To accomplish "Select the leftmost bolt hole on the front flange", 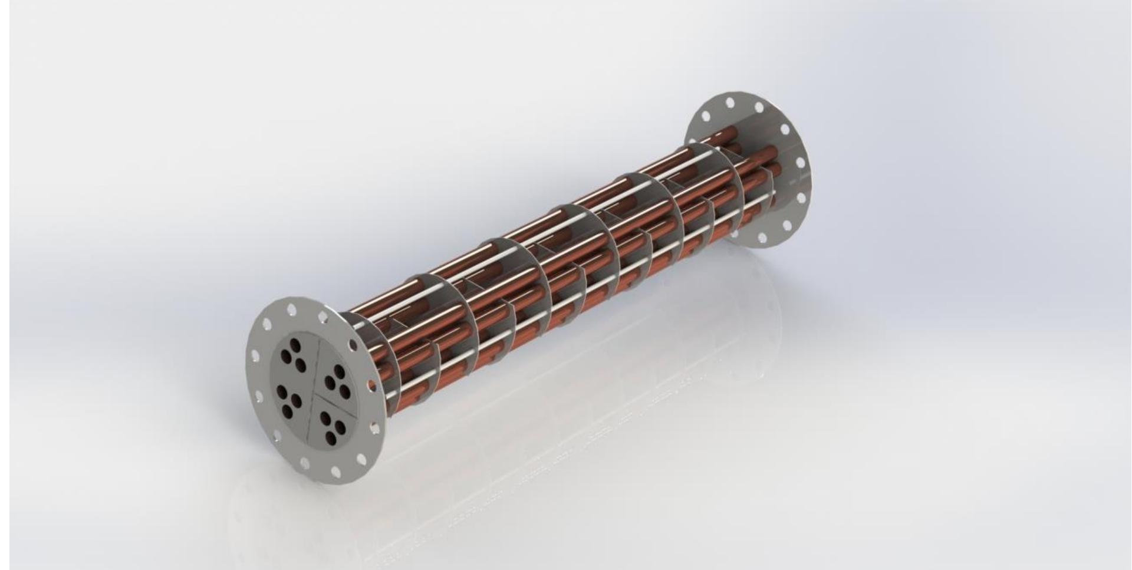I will pos(255,355).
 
